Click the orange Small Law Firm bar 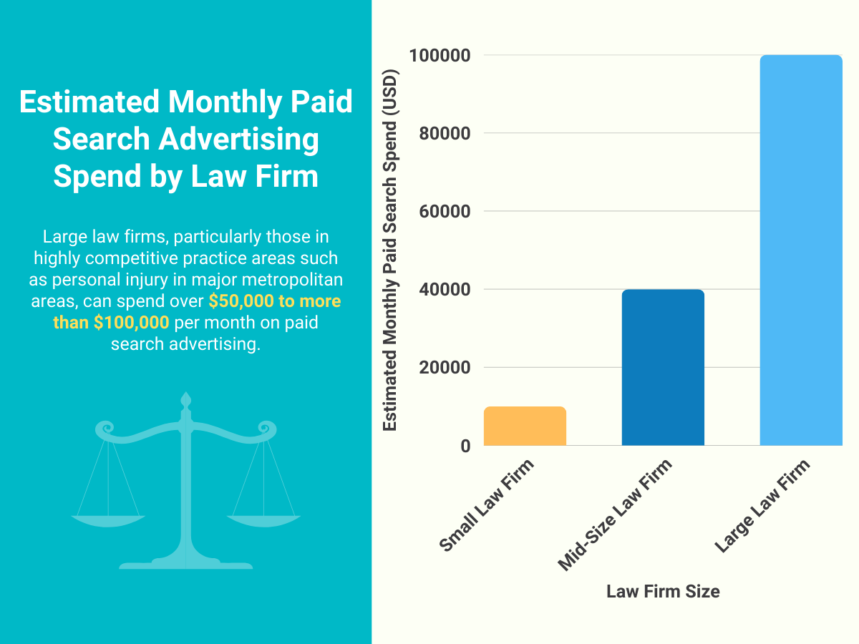coord(525,426)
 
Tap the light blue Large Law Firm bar coord(800,250)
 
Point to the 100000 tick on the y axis coord(439,56)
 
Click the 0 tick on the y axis coord(465,446)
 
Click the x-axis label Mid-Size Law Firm coord(615,515)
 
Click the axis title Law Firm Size coord(663,592)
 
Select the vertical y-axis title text coord(390,250)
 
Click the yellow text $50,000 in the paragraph coord(241,301)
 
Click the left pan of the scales coord(108,519)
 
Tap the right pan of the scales coord(264,519)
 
